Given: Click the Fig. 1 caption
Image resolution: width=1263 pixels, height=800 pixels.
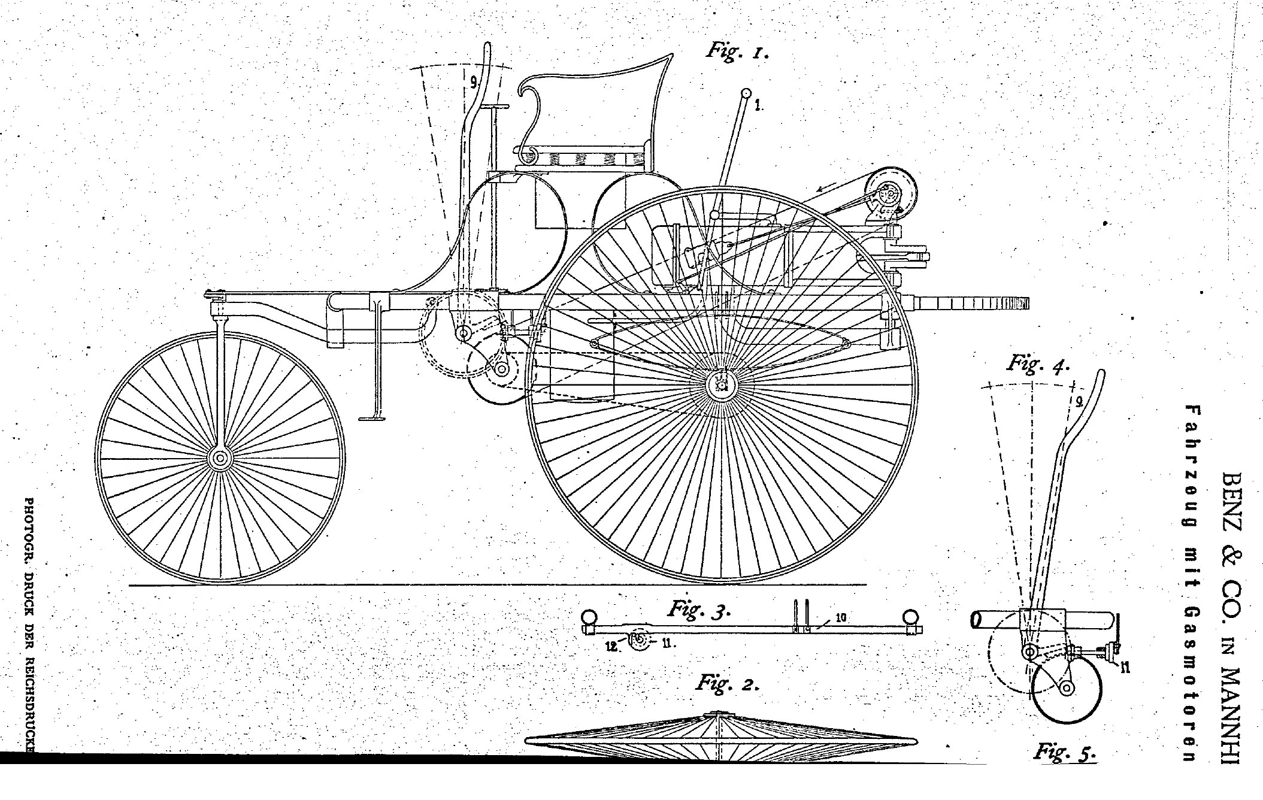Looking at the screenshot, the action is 736,51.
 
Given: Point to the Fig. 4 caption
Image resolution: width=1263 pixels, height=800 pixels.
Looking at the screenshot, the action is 1038,365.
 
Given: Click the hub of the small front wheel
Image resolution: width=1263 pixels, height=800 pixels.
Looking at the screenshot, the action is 220,458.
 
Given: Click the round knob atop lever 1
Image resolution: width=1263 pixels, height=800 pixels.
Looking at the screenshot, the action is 746,93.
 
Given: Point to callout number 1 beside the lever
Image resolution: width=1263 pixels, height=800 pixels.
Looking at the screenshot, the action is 758,106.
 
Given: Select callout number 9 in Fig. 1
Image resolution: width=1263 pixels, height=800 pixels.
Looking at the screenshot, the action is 473,83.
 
